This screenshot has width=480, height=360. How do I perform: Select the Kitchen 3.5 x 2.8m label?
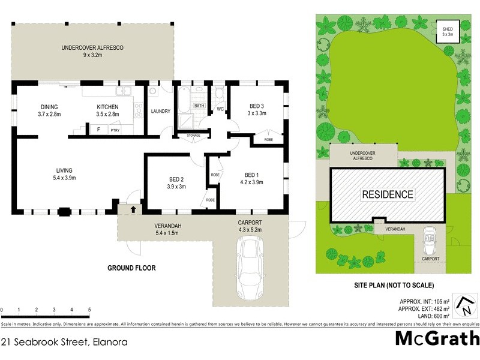(x=108, y=110)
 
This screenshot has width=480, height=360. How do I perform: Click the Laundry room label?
(x=160, y=111)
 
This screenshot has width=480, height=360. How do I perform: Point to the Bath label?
(x=199, y=106)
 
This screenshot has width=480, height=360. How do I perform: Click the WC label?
(x=220, y=109)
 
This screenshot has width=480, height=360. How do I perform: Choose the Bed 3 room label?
(x=257, y=110)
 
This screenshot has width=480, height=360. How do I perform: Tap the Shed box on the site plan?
(x=448, y=32)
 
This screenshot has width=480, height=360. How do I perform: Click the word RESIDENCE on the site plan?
(x=387, y=194)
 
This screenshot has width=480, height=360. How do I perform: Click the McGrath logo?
(x=437, y=338)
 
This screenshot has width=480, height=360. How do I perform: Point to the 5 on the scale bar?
(x=89, y=310)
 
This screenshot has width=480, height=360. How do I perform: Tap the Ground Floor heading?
(x=131, y=268)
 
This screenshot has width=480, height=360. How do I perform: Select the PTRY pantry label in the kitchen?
(x=115, y=129)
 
